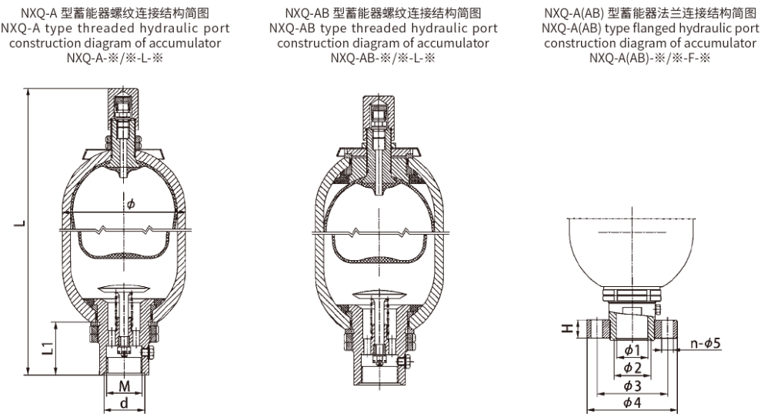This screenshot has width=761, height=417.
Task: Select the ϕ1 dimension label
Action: click(x=632, y=350)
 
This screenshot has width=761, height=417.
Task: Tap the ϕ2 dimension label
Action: click(x=632, y=367)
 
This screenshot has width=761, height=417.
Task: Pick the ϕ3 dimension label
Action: click(x=632, y=385)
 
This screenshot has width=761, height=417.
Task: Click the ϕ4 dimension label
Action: click(x=632, y=402)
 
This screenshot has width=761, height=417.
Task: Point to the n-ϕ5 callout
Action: click(x=706, y=343)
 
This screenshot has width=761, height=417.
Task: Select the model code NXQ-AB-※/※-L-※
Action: click(x=382, y=58)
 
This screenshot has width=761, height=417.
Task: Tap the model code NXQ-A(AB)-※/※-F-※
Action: click(x=650, y=58)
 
